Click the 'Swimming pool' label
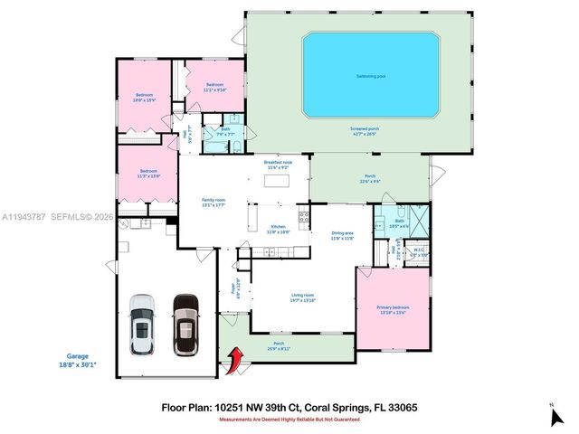click(371, 76)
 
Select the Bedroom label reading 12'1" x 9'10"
click(214, 87)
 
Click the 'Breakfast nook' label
click(277, 165)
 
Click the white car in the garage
click(142, 325)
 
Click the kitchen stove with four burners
click(303, 217)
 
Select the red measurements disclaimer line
click(288, 419)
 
